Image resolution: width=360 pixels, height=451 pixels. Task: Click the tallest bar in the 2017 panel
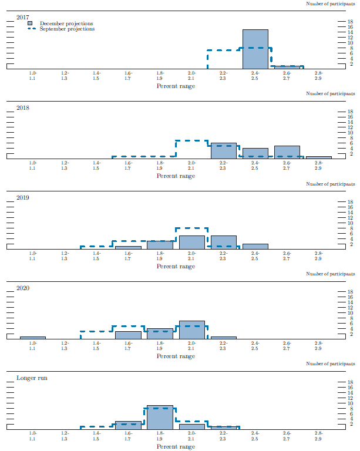point(255,49)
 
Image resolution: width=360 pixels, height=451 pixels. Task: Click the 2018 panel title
point(23,108)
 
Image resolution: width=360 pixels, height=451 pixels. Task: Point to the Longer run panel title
point(32,378)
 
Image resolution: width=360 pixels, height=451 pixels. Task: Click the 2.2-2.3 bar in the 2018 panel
point(224,151)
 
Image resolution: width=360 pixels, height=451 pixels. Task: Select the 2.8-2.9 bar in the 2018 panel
point(319,157)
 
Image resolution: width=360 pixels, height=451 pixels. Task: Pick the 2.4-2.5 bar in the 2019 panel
point(255,246)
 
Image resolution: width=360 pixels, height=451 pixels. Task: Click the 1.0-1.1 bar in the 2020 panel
point(33,338)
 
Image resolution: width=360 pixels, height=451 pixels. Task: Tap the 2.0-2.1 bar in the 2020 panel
point(192,330)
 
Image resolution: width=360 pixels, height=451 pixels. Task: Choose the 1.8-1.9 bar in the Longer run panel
point(160,418)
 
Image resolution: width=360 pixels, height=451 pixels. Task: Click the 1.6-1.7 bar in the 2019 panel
point(128,247)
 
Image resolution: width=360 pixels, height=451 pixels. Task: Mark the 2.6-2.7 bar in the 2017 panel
point(287,67)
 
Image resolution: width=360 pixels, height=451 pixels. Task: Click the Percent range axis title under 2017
point(176,86)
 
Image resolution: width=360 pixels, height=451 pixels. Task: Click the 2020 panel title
point(23,288)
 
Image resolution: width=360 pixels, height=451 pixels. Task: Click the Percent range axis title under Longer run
point(176,446)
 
